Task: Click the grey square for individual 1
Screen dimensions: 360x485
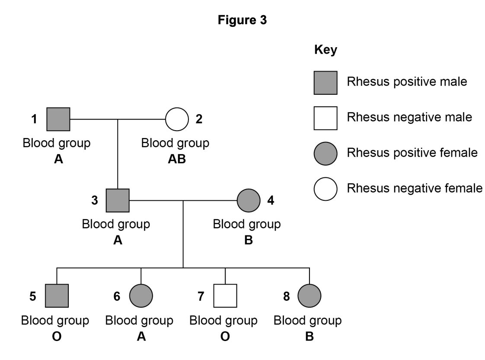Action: pos(58,119)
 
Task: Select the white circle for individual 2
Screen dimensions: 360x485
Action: pos(177,119)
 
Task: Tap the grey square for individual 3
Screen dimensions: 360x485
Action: pos(118,200)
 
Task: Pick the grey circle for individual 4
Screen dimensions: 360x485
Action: pos(249,200)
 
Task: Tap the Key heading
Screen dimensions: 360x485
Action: pos(325,50)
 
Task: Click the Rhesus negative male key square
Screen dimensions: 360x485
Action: pos(325,117)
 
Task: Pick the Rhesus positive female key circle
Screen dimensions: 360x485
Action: pos(325,153)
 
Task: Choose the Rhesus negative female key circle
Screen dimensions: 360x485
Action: pos(325,189)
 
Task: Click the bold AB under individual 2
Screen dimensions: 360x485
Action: pos(176,159)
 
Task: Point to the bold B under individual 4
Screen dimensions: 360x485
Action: pos(248,240)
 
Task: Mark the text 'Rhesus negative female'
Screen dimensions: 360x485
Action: pos(414,189)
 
